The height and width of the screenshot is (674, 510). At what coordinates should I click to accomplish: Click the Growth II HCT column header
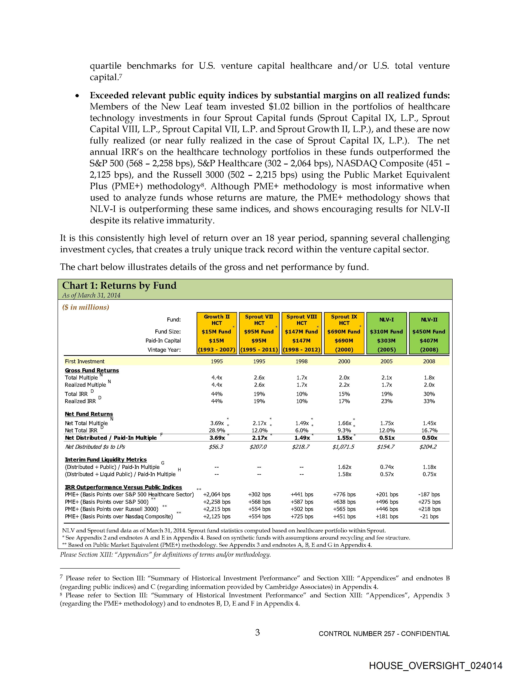tap(217, 320)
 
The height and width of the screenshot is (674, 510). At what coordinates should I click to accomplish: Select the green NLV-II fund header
tap(429, 320)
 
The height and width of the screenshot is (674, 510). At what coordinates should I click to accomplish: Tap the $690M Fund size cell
tap(344, 331)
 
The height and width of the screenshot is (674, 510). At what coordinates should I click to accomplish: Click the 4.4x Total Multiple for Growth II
tap(217, 378)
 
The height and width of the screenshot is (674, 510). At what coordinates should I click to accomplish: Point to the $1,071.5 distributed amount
tap(344, 447)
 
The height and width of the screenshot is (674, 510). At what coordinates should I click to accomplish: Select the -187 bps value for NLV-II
tap(429, 495)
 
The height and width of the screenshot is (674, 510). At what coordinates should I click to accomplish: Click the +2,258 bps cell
tap(217, 502)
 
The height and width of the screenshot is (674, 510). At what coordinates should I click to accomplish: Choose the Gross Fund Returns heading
tap(92, 370)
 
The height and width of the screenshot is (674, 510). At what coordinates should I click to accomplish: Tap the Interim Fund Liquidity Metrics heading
tap(106, 460)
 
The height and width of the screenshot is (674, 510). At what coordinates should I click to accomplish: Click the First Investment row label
tap(84, 361)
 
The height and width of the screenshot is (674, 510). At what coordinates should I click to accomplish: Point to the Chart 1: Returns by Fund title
tap(119, 285)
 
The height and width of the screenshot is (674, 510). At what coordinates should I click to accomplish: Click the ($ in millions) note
tap(86, 307)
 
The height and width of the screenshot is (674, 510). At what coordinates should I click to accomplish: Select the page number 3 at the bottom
tap(257, 633)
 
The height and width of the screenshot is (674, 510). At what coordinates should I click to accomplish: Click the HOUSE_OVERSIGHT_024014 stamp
tap(435, 665)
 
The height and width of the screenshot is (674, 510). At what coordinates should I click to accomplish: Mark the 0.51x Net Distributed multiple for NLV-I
tap(387, 438)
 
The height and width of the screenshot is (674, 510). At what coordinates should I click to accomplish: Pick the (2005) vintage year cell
tap(387, 350)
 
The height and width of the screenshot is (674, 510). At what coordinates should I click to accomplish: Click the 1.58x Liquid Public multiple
tap(344, 474)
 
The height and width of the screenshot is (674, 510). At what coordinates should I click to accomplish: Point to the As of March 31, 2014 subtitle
tap(91, 295)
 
